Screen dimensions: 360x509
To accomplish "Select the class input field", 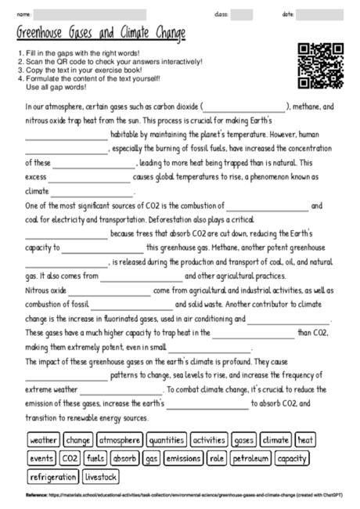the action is [242, 14].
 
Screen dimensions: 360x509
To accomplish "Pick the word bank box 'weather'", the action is [44, 440].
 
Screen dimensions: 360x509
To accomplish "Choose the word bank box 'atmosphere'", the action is [120, 440].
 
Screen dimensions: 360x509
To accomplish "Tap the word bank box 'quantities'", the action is [166, 440].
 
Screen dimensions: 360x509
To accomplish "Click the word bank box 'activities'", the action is [209, 440].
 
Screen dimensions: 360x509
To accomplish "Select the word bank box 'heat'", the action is [305, 440].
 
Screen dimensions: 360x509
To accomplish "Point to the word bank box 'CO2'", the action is [70, 457].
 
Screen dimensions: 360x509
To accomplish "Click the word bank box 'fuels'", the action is [96, 457].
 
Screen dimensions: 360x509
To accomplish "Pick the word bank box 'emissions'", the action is [183, 457].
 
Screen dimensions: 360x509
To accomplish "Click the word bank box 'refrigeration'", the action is [52, 475].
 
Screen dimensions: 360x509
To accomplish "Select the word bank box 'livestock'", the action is [101, 475].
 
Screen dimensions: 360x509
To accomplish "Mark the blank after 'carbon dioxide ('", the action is [245, 107].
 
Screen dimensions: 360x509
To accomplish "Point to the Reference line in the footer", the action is [180, 496].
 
